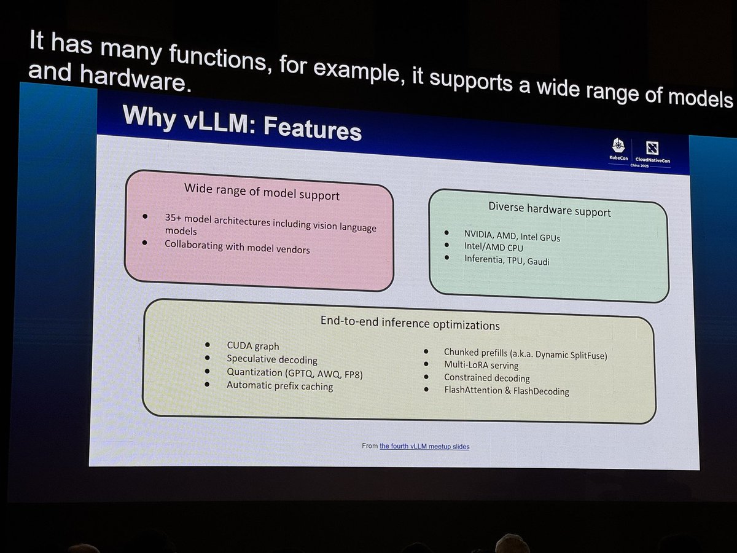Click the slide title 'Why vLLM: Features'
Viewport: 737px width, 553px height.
(241, 124)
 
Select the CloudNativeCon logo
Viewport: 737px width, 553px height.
(652, 153)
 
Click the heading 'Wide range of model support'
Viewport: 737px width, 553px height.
(262, 193)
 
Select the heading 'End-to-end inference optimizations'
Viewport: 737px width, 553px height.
(410, 323)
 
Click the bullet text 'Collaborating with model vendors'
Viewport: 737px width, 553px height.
(237, 247)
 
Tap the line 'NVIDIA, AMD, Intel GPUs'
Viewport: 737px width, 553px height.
(512, 236)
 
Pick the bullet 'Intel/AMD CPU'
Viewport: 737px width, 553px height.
(493, 248)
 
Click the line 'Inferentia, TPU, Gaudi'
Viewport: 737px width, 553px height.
(507, 261)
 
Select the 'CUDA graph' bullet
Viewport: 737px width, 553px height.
(252, 347)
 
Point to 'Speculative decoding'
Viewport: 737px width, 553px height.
(271, 359)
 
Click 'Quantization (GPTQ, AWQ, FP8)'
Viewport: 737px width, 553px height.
(294, 373)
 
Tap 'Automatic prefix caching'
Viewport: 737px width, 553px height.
(279, 386)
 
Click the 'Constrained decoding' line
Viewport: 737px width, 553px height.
(486, 378)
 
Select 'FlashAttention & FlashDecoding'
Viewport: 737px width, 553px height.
(506, 391)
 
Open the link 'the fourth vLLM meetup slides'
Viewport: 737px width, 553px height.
(424, 446)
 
